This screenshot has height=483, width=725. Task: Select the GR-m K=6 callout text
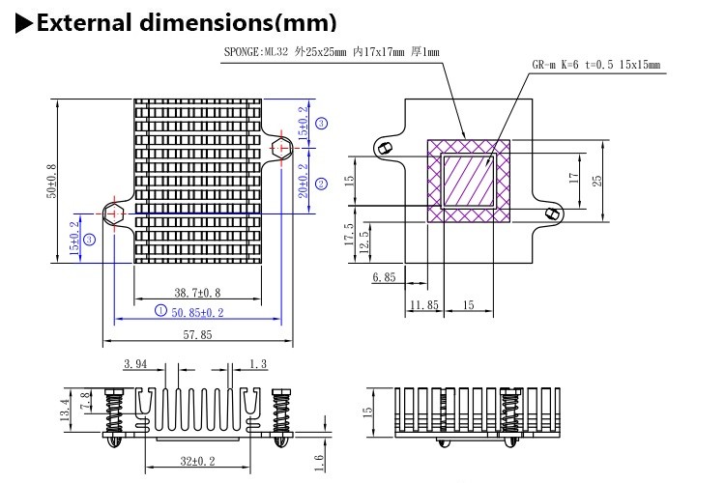(595, 65)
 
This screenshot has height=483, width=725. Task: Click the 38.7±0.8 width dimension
(197, 292)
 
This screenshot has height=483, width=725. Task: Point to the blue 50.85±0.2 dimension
(197, 312)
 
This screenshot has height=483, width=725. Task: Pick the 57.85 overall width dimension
(197, 334)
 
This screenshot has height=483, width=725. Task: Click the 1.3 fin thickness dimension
(258, 364)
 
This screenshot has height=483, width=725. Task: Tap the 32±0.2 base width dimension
(197, 461)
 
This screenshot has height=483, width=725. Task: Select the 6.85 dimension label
(384, 277)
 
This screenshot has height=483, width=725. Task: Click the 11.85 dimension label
(423, 304)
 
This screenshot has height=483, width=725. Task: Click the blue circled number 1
(160, 311)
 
